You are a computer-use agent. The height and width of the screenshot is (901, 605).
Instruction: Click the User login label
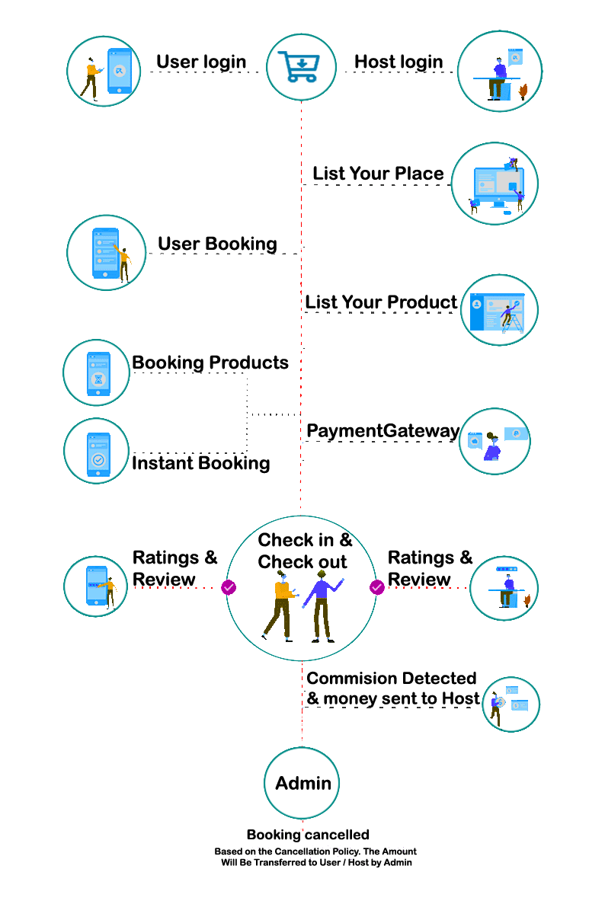pyautogui.click(x=201, y=62)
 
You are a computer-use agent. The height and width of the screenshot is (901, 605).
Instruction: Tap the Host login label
pyautogui.click(x=399, y=62)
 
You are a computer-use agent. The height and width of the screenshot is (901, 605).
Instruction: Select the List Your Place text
pyautogui.click(x=378, y=174)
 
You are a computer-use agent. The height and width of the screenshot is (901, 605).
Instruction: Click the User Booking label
pyautogui.click(x=217, y=244)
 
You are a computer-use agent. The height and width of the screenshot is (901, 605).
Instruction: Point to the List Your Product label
pyautogui.click(x=381, y=302)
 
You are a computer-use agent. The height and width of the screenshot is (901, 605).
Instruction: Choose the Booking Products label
pyautogui.click(x=210, y=363)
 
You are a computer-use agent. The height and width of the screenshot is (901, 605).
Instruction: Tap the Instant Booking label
pyautogui.click(x=201, y=463)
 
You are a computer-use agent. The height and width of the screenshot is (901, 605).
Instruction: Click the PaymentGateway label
pyautogui.click(x=383, y=431)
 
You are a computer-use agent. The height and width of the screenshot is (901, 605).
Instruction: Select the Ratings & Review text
pyautogui.click(x=430, y=568)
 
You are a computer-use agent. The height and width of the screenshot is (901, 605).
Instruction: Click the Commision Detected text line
pyautogui.click(x=392, y=678)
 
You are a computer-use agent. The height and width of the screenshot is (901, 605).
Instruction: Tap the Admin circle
pyautogui.click(x=302, y=783)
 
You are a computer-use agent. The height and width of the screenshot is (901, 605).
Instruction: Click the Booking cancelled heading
pyautogui.click(x=308, y=835)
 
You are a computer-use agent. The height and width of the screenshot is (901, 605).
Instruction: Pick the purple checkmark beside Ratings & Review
pyautogui.click(x=376, y=587)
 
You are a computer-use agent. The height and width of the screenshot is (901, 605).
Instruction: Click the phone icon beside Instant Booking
pyautogui.click(x=97, y=451)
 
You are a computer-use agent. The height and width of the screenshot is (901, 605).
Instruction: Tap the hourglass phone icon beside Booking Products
pyautogui.click(x=97, y=373)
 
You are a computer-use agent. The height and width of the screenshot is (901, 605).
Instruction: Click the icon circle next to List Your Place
pyautogui.click(x=495, y=184)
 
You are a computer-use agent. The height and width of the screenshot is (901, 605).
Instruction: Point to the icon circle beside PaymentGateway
pyautogui.click(x=495, y=442)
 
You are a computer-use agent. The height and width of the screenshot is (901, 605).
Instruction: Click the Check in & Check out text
pyautogui.click(x=304, y=551)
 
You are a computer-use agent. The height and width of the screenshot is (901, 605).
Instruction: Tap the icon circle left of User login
pyautogui.click(x=104, y=71)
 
